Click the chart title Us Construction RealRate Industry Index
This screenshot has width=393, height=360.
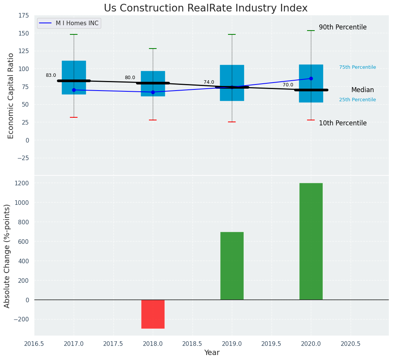(x=205, y=8)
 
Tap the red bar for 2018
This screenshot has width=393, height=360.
(x=153, y=314)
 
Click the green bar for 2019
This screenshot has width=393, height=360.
(x=232, y=266)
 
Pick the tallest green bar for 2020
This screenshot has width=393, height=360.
(x=311, y=241)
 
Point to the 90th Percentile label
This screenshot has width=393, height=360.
(x=343, y=28)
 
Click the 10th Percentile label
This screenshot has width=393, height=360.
(x=343, y=123)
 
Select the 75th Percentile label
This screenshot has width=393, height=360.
(x=357, y=67)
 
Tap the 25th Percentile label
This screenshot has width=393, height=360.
(x=357, y=100)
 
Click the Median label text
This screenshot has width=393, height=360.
(x=362, y=90)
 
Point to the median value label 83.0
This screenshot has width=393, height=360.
(x=51, y=76)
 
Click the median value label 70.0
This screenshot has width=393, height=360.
(x=288, y=85)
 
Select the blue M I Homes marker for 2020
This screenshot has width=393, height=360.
(x=311, y=79)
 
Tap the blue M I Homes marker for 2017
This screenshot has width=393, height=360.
(x=74, y=90)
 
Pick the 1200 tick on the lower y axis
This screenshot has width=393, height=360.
(x=21, y=183)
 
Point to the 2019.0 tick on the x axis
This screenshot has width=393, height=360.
(x=232, y=344)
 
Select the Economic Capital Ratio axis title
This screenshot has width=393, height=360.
(x=11, y=96)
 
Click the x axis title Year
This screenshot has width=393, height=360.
(x=212, y=353)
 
